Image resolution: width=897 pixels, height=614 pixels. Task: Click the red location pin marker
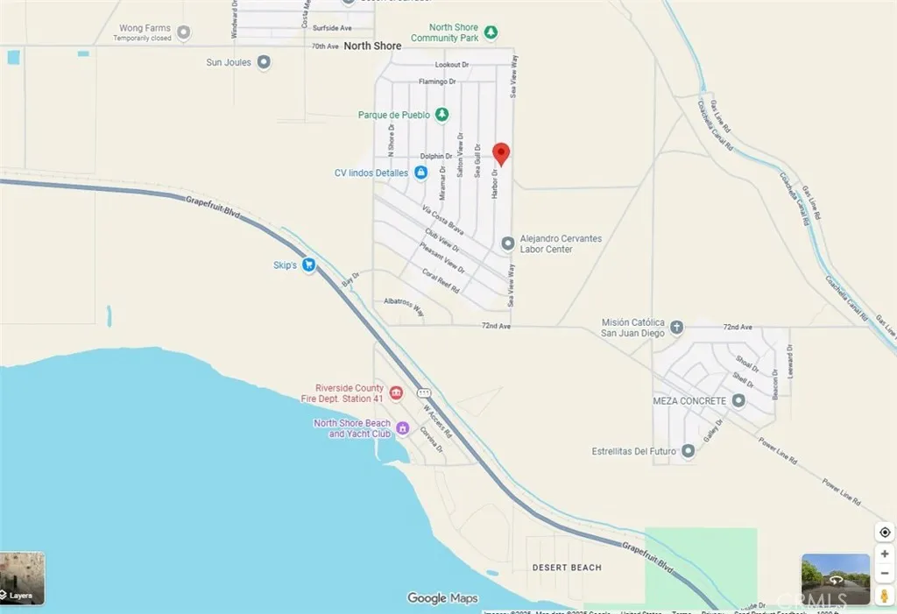(501, 153)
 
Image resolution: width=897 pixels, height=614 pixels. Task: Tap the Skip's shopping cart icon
(308, 265)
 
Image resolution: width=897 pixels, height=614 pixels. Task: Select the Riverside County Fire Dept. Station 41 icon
(395, 392)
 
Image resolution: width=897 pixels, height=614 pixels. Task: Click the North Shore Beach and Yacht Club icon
(402, 428)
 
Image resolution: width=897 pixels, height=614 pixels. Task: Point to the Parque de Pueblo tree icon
(442, 115)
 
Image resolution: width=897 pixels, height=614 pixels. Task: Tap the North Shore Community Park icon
(491, 32)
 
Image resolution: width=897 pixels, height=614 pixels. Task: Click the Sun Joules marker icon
(263, 62)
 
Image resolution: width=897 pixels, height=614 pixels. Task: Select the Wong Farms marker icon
(183, 33)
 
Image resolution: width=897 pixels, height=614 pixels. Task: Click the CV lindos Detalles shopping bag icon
(420, 173)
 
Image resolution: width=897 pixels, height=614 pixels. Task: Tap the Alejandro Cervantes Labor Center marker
(507, 243)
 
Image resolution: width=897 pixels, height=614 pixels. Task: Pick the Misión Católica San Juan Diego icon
(676, 328)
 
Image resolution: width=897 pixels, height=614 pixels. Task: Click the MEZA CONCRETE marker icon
(738, 400)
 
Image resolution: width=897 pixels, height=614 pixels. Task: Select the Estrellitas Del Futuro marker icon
(688, 451)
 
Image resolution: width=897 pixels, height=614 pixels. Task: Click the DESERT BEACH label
(567, 568)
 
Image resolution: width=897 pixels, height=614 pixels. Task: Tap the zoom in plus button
(884, 554)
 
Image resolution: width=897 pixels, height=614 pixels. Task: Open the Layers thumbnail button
(22, 578)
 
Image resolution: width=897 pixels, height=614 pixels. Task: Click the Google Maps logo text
(442, 598)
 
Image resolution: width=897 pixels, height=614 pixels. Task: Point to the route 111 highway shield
(423, 392)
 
